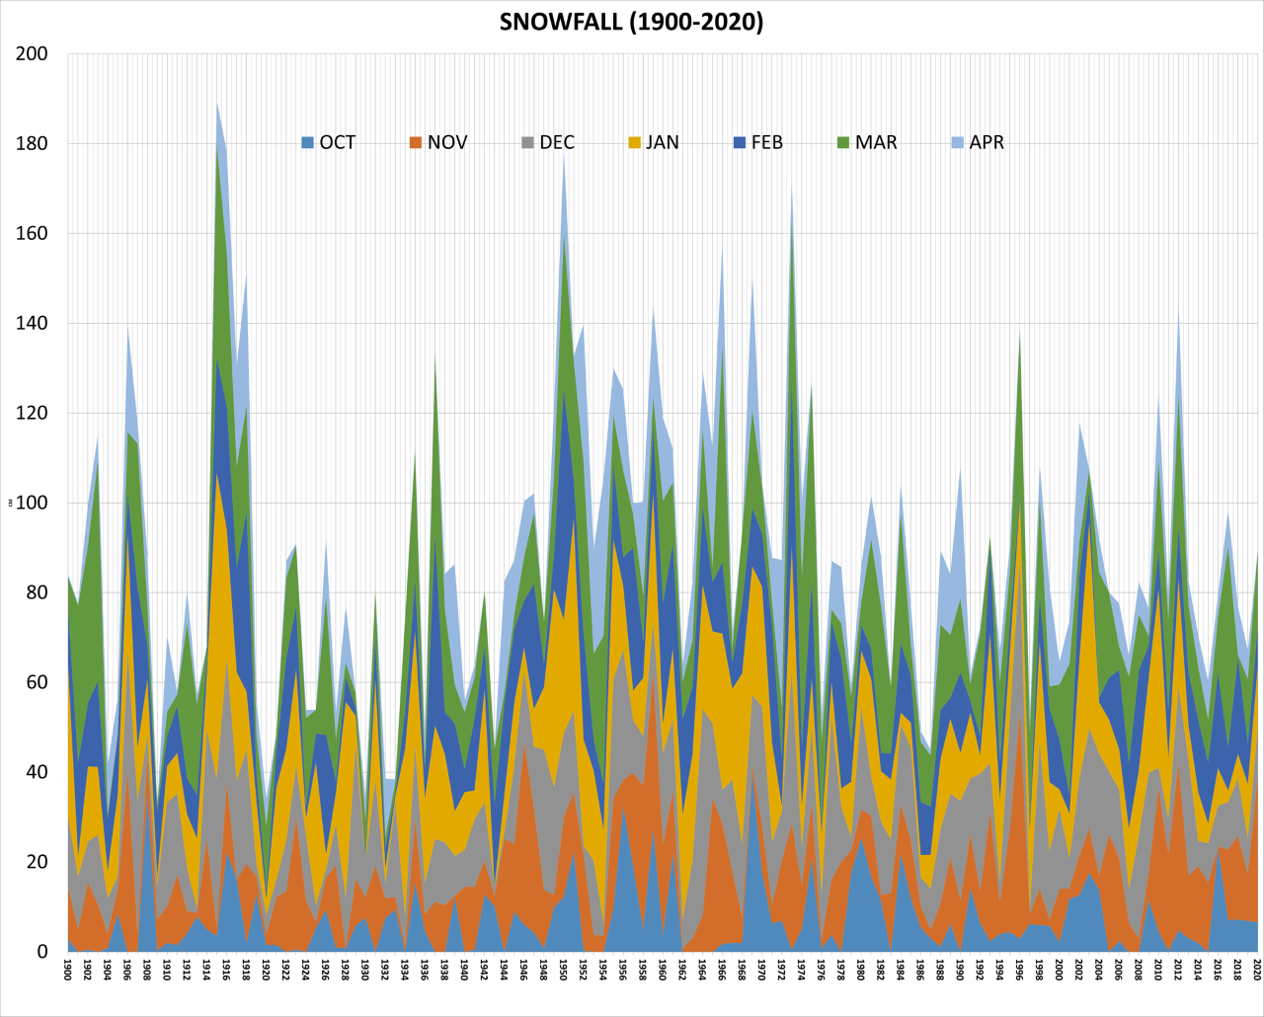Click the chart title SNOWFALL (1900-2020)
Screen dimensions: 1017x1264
pyautogui.click(x=631, y=22)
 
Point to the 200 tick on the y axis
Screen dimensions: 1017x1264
pyautogui.click(x=32, y=53)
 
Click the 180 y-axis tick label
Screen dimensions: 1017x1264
pyautogui.click(x=32, y=143)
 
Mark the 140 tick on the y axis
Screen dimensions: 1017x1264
pyautogui.click(x=32, y=323)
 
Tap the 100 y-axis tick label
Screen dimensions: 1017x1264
pyautogui.click(x=32, y=503)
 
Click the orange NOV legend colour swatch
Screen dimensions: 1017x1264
pyautogui.click(x=416, y=142)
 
